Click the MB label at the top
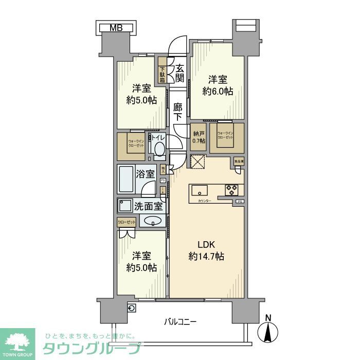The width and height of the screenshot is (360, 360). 116,28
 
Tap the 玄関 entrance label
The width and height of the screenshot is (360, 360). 179,73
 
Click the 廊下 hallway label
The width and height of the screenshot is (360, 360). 177,112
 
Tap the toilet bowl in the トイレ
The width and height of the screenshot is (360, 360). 159,150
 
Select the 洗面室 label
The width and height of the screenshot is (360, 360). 148,207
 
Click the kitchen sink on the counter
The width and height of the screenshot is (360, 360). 200,191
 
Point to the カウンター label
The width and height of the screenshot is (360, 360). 204,201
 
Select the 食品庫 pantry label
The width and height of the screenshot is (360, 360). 239,161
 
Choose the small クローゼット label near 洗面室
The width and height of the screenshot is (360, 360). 127,222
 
